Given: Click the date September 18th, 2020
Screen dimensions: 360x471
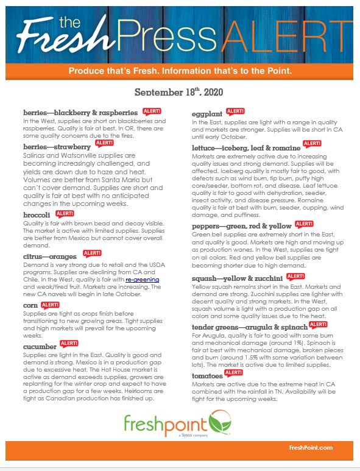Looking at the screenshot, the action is click(x=179, y=92).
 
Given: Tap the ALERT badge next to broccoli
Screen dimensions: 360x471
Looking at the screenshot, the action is click(x=65, y=214).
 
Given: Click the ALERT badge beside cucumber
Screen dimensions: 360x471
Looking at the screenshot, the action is click(x=68, y=344).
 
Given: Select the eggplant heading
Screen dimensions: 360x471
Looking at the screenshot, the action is click(x=207, y=114).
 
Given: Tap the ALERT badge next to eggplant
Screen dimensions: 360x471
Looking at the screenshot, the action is click(x=235, y=112).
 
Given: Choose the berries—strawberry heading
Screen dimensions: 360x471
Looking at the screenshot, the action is click(x=55, y=147).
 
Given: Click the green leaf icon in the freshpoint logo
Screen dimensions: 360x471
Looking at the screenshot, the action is click(x=215, y=421).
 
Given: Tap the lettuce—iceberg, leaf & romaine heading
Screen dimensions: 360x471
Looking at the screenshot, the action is click(x=245, y=147).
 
